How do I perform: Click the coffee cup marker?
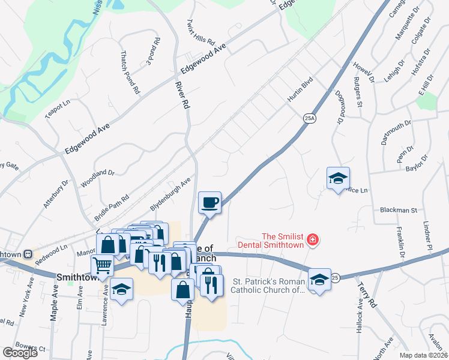[209, 203]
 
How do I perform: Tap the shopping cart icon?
[103, 264]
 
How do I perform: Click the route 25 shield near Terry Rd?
[334, 277]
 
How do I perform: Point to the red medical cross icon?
[312, 241]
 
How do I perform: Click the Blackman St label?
[398, 211]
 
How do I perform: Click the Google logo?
[20, 353]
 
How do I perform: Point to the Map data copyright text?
[424, 355]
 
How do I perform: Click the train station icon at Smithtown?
[27, 254]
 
